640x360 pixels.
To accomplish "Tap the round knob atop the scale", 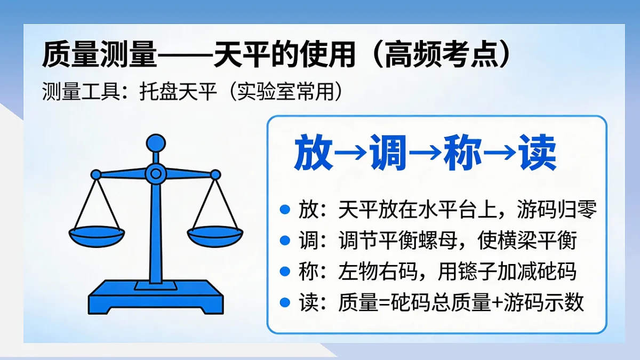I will (x=156, y=142).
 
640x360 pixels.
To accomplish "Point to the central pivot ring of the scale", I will (x=156, y=173).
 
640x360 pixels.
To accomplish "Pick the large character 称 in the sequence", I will (x=463, y=154).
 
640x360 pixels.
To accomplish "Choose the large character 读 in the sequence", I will (x=537, y=154).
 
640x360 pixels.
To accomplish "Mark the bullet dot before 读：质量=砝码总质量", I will (x=285, y=303).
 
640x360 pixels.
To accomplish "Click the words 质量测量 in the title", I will (x=99, y=55).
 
